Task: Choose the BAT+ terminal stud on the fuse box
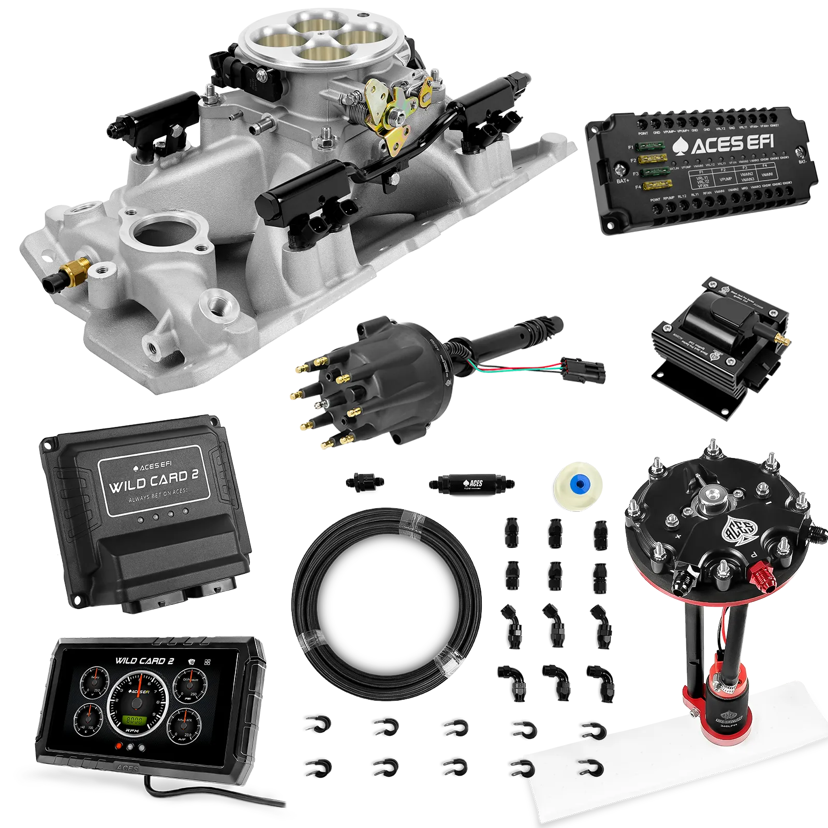[x=619, y=168]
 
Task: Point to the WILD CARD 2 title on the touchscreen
[x=144, y=661]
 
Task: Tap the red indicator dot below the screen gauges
[x=119, y=746]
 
